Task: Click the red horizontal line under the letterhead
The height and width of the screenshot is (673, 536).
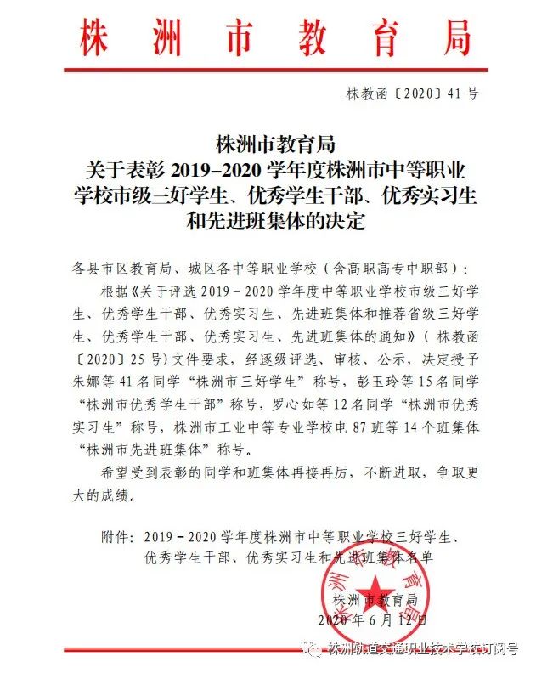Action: click(x=267, y=71)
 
